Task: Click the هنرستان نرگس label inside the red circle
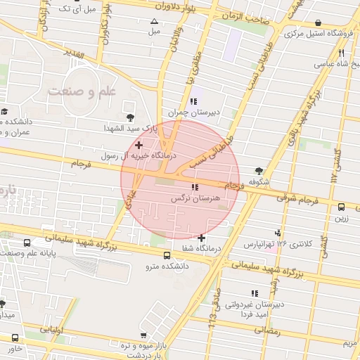coord(196,199)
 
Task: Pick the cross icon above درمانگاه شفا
coord(202,237)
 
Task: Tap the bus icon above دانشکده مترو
coord(167,256)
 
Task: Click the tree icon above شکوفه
coord(259,171)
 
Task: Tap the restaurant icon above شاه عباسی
coord(340,52)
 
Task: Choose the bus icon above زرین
coord(341,207)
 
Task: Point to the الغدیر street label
coord(72,55)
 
